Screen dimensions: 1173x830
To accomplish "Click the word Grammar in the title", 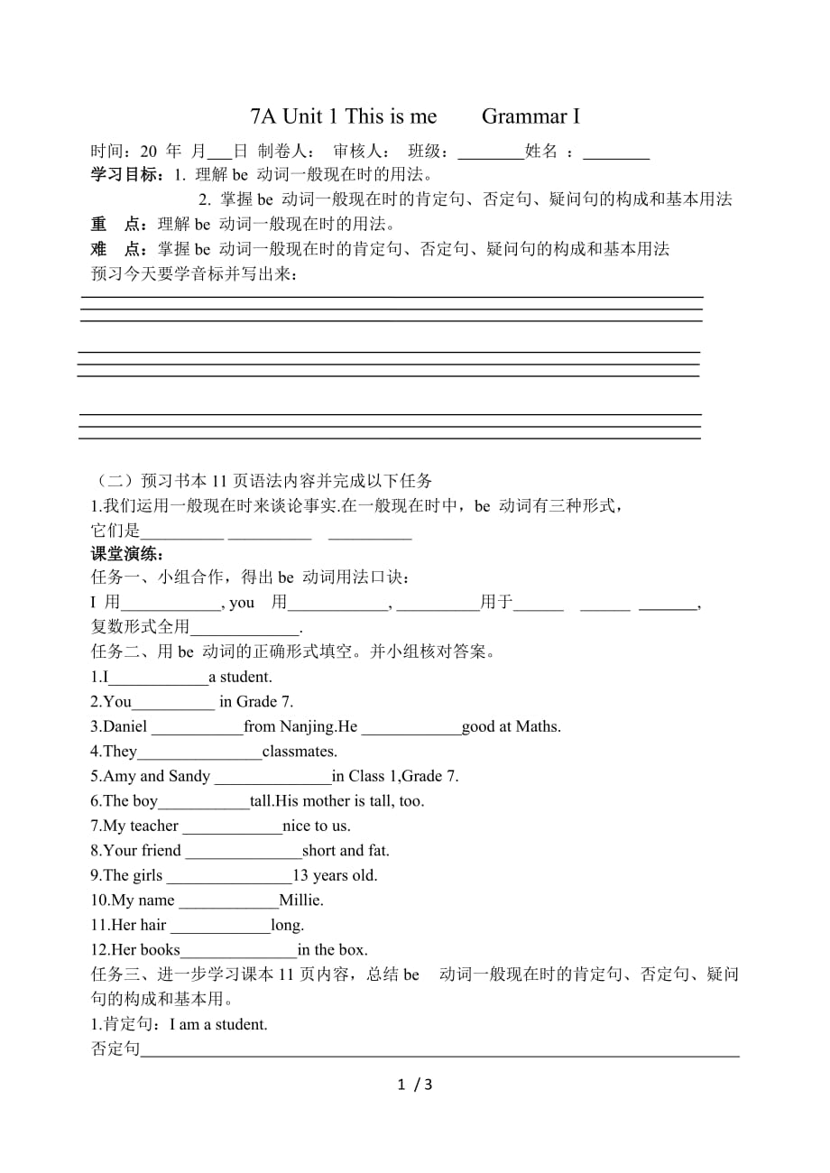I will [520, 116].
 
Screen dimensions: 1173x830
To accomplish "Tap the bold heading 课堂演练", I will [126, 554].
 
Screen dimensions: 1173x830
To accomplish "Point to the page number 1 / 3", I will [415, 1084].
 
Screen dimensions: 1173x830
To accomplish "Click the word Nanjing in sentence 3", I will [307, 726].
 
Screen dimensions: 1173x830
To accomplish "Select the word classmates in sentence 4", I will [300, 751].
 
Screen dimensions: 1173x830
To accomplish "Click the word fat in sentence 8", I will [377, 850].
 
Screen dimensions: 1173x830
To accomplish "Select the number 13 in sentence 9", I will [301, 875].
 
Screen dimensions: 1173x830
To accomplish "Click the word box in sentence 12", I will [354, 949].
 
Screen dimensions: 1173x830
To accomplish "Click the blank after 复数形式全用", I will [244, 630].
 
